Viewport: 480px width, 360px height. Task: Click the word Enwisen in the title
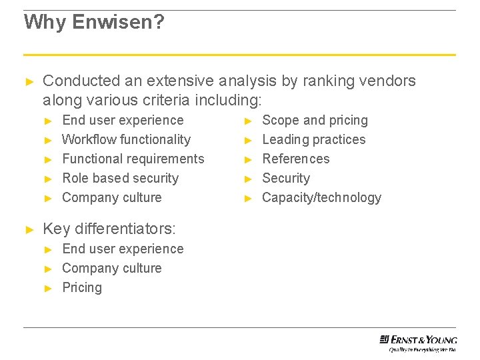pyautogui.click(x=117, y=22)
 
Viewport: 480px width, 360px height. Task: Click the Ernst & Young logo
pyautogui.click(x=418, y=341)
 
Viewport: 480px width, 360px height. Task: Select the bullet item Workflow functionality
pyautogui.click(x=126, y=139)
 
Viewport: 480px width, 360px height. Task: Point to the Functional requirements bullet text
pyautogui.click(x=133, y=159)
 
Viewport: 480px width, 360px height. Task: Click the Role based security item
pyautogui.click(x=120, y=178)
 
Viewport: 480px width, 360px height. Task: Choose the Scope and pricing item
pyautogui.click(x=315, y=120)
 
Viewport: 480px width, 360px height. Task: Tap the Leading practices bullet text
pyautogui.click(x=313, y=139)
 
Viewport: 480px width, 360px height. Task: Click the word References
pyautogui.click(x=295, y=159)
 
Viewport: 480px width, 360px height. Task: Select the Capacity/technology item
pyautogui.click(x=321, y=197)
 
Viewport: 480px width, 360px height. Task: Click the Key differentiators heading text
pyautogui.click(x=109, y=229)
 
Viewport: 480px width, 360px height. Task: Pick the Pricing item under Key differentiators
pyautogui.click(x=82, y=287)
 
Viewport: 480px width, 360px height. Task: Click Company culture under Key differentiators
pyautogui.click(x=111, y=268)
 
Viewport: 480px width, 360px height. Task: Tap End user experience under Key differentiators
pyautogui.click(x=122, y=249)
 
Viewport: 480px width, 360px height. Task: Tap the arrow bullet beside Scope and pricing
pyautogui.click(x=248, y=121)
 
